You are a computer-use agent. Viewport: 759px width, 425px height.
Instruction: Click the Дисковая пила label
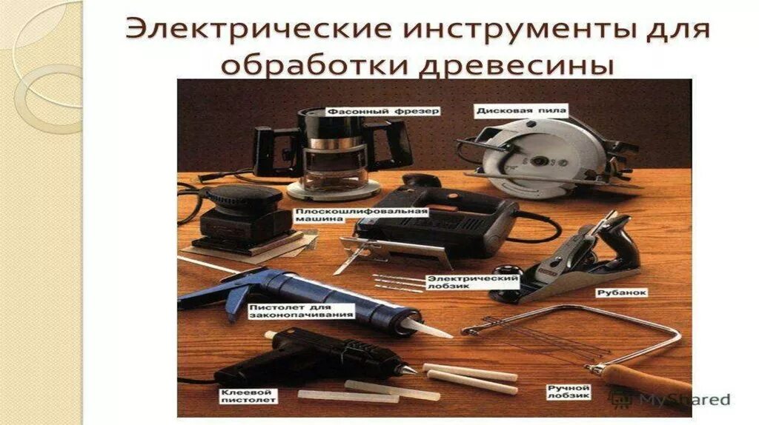[522, 111]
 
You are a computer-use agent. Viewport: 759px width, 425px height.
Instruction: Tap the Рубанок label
[612, 292]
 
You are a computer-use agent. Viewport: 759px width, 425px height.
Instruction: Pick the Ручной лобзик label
[568, 392]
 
